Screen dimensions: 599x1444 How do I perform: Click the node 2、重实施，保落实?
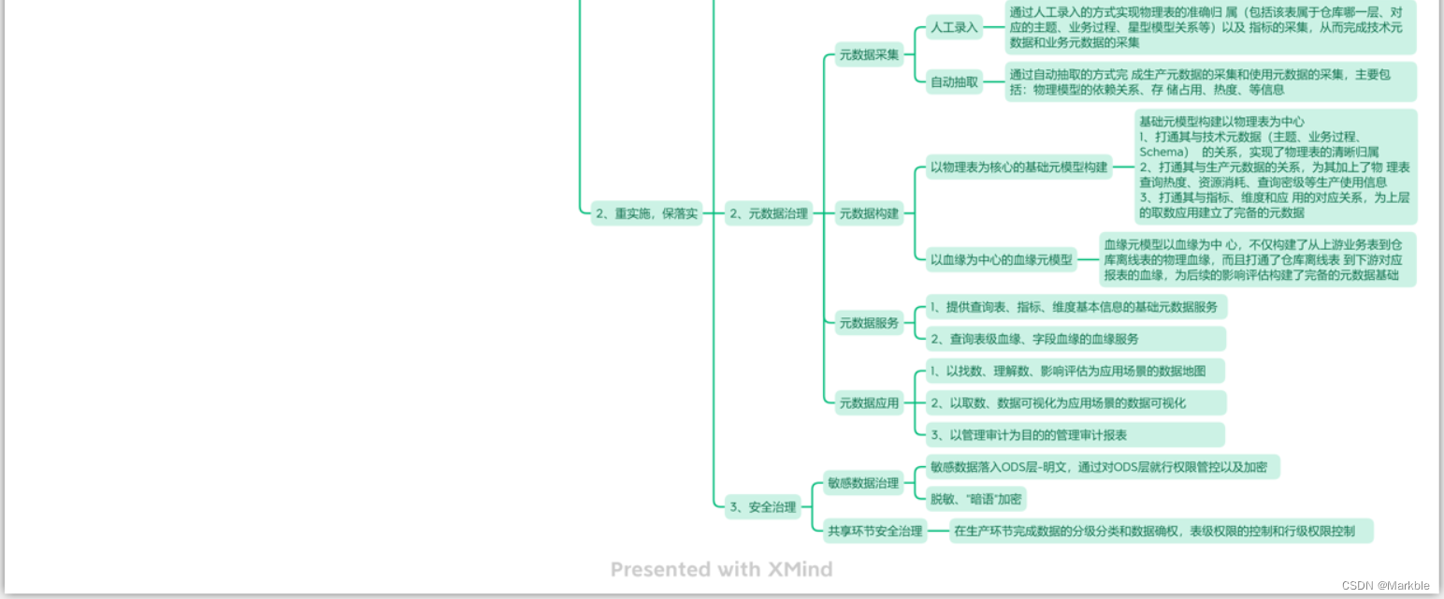click(646, 213)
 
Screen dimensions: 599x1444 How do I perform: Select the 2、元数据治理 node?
click(768, 213)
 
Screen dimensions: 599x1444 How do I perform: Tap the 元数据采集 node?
click(869, 54)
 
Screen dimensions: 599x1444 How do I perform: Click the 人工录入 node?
click(954, 27)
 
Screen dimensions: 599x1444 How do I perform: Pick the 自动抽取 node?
click(954, 82)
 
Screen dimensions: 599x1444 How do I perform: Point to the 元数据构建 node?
click(869, 213)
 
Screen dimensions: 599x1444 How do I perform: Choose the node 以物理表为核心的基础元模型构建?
click(1018, 168)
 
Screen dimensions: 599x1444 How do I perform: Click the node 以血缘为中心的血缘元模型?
click(1001, 260)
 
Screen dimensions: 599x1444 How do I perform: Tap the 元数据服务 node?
click(869, 323)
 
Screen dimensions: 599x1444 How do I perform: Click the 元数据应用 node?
click(869, 403)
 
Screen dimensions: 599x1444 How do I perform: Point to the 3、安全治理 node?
click(762, 507)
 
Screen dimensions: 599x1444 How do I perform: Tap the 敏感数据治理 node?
click(861, 483)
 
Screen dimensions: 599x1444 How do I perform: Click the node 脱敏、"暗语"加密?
click(975, 499)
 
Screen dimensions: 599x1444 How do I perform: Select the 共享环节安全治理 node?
click(874, 532)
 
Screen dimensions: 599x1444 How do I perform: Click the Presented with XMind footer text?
click(721, 569)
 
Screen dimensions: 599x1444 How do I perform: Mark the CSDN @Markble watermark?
click(1385, 585)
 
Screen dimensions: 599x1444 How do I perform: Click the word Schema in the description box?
click(1163, 152)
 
